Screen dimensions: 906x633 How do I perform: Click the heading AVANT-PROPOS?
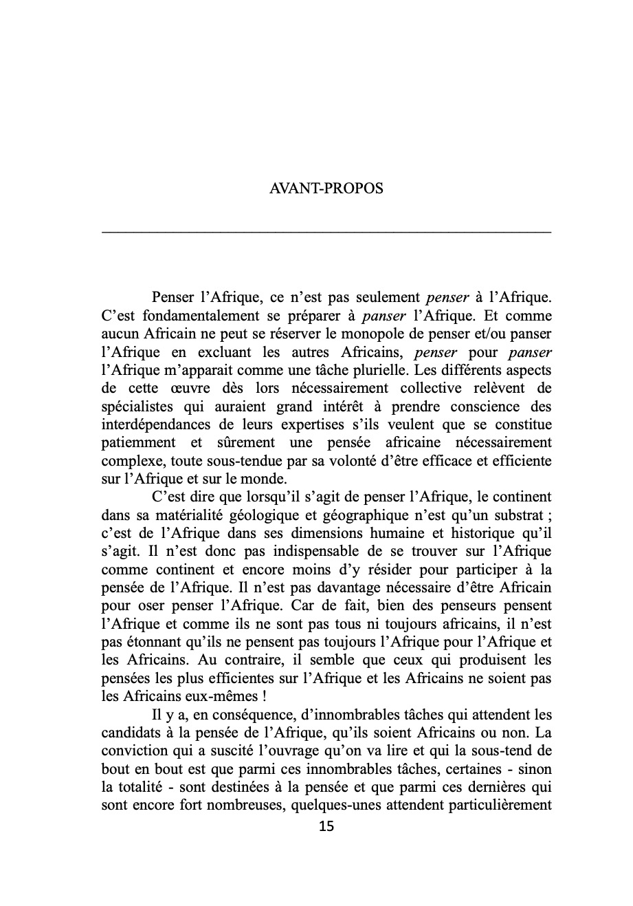tap(326, 188)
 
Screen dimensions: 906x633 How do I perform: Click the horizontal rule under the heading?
tap(326, 233)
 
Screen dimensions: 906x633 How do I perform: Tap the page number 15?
tap(326, 826)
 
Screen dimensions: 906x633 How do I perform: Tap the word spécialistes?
tap(137, 405)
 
